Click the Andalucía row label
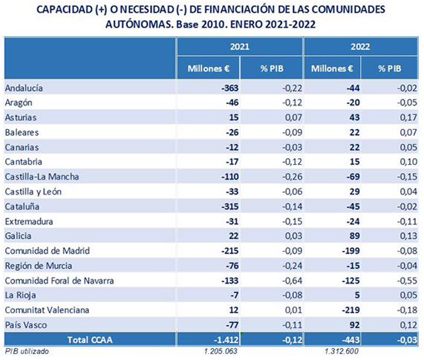tap(24, 88)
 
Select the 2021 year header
tap(240, 47)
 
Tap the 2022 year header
tap(360, 47)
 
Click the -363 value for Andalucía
tap(229, 88)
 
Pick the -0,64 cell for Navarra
tap(292, 281)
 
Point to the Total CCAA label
tap(90, 340)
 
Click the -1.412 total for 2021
tap(226, 340)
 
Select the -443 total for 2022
tap(350, 340)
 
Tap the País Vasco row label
tap(26, 325)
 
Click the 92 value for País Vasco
tap(354, 325)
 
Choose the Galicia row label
tap(18, 236)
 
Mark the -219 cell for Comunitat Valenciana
tap(350, 310)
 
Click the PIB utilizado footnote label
tap(27, 351)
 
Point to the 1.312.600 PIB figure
tap(342, 351)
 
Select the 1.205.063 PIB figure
tap(221, 351)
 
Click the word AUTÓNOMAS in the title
tap(140, 24)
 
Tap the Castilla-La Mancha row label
tap(42, 177)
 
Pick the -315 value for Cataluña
tap(230, 206)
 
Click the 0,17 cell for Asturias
tap(408, 117)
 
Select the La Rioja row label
tap(20, 295)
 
